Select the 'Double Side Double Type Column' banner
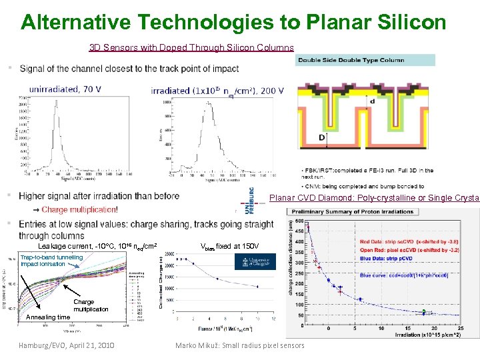click(x=365, y=60)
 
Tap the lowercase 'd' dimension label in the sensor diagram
click(x=372, y=101)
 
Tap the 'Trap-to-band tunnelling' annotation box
click(x=52, y=260)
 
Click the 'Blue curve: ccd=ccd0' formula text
click(x=403, y=275)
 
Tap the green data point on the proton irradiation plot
click(x=424, y=311)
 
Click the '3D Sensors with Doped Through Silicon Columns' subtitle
click(x=191, y=48)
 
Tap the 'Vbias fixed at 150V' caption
click(x=231, y=246)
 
